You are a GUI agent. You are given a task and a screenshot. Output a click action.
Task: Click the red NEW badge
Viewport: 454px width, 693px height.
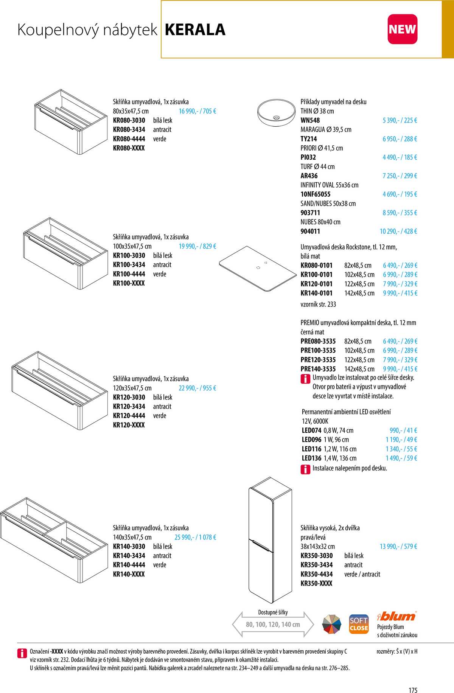click(402, 29)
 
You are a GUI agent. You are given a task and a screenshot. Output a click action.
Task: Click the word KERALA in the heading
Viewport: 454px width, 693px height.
click(195, 30)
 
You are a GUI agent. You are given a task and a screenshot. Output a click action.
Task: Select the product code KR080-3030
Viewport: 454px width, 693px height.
click(129, 120)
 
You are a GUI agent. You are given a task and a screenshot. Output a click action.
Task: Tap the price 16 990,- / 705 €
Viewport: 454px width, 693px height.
click(197, 111)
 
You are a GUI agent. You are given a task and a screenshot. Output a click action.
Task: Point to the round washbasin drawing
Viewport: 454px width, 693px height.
click(276, 113)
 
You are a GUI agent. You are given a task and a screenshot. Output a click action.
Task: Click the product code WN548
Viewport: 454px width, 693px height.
click(310, 120)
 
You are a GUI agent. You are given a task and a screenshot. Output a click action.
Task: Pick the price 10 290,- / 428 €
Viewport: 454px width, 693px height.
click(398, 231)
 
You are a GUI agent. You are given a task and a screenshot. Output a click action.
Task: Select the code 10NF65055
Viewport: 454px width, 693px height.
click(315, 194)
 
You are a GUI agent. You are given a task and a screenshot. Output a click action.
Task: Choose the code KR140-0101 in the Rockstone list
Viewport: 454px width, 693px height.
click(316, 293)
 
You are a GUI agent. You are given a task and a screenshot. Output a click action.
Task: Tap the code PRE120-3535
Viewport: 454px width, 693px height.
click(318, 360)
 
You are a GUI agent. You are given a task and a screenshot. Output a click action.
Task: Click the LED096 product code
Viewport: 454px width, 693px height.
click(311, 440)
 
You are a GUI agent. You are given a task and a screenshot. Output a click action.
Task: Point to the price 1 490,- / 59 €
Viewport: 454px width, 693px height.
click(401, 458)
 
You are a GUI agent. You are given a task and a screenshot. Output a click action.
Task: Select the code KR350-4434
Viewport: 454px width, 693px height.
click(316, 574)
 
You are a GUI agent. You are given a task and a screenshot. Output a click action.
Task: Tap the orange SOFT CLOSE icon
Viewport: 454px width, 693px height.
click(359, 625)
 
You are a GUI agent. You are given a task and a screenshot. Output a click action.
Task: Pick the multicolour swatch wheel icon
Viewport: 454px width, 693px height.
click(331, 625)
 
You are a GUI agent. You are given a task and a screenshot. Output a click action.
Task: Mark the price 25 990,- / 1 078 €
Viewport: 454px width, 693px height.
click(195, 537)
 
